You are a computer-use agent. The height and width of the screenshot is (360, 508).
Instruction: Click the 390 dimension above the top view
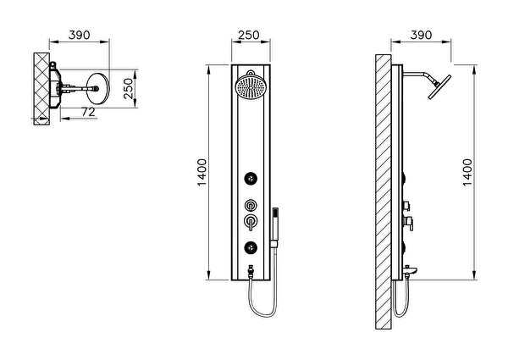[79, 35]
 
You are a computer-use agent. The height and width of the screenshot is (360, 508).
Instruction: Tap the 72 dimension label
[88, 112]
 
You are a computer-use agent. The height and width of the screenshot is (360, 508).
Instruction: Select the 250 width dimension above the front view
[249, 35]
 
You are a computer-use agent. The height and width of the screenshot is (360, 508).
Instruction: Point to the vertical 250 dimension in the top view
[129, 88]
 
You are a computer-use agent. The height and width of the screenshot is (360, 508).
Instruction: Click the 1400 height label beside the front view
[202, 174]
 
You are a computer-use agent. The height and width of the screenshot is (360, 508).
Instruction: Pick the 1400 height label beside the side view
[467, 172]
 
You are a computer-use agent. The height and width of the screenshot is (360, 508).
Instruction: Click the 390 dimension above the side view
[421, 35]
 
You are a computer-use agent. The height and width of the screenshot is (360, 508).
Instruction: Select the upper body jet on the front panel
[251, 178]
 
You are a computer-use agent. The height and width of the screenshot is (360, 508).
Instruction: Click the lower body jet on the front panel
[251, 248]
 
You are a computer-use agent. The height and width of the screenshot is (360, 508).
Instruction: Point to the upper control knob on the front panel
[251, 205]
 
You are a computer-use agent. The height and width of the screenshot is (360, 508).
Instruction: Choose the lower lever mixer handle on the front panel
[251, 222]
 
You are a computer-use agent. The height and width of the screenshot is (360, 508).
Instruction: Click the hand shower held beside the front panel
[275, 228]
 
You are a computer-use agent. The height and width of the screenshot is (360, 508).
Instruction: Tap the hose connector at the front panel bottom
[251, 271]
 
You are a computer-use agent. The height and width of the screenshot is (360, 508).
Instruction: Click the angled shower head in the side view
[439, 87]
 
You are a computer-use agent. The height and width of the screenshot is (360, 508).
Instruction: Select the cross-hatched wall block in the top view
[41, 89]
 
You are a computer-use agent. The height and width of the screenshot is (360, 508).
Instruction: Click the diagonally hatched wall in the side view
[384, 191]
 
